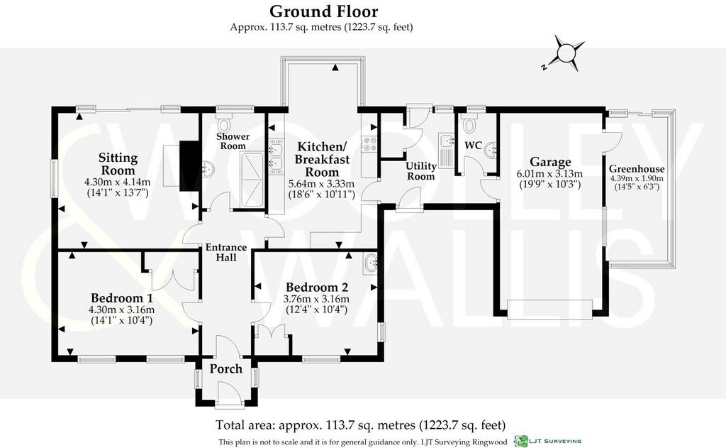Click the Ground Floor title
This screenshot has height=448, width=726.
[x=323, y=11]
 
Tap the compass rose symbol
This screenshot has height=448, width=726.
[x=564, y=53]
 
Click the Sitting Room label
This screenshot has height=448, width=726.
[x=118, y=164]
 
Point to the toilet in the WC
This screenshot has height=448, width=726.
[x=469, y=124]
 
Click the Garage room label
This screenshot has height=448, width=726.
[x=550, y=162]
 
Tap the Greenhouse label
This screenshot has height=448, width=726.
[x=637, y=169]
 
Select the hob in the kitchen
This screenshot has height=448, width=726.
[x=370, y=143]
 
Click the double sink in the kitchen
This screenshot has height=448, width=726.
[x=277, y=155]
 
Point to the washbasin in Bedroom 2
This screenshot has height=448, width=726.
[x=371, y=263]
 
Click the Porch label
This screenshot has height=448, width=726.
[x=226, y=368]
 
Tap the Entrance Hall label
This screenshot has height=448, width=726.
[x=226, y=252]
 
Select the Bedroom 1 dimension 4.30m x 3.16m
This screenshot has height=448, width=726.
[x=122, y=310]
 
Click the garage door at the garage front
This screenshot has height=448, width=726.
[x=550, y=310]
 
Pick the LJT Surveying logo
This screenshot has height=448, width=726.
[x=548, y=441]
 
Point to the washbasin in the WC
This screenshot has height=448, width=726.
[x=492, y=148]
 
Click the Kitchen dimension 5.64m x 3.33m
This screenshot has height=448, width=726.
[x=321, y=184]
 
